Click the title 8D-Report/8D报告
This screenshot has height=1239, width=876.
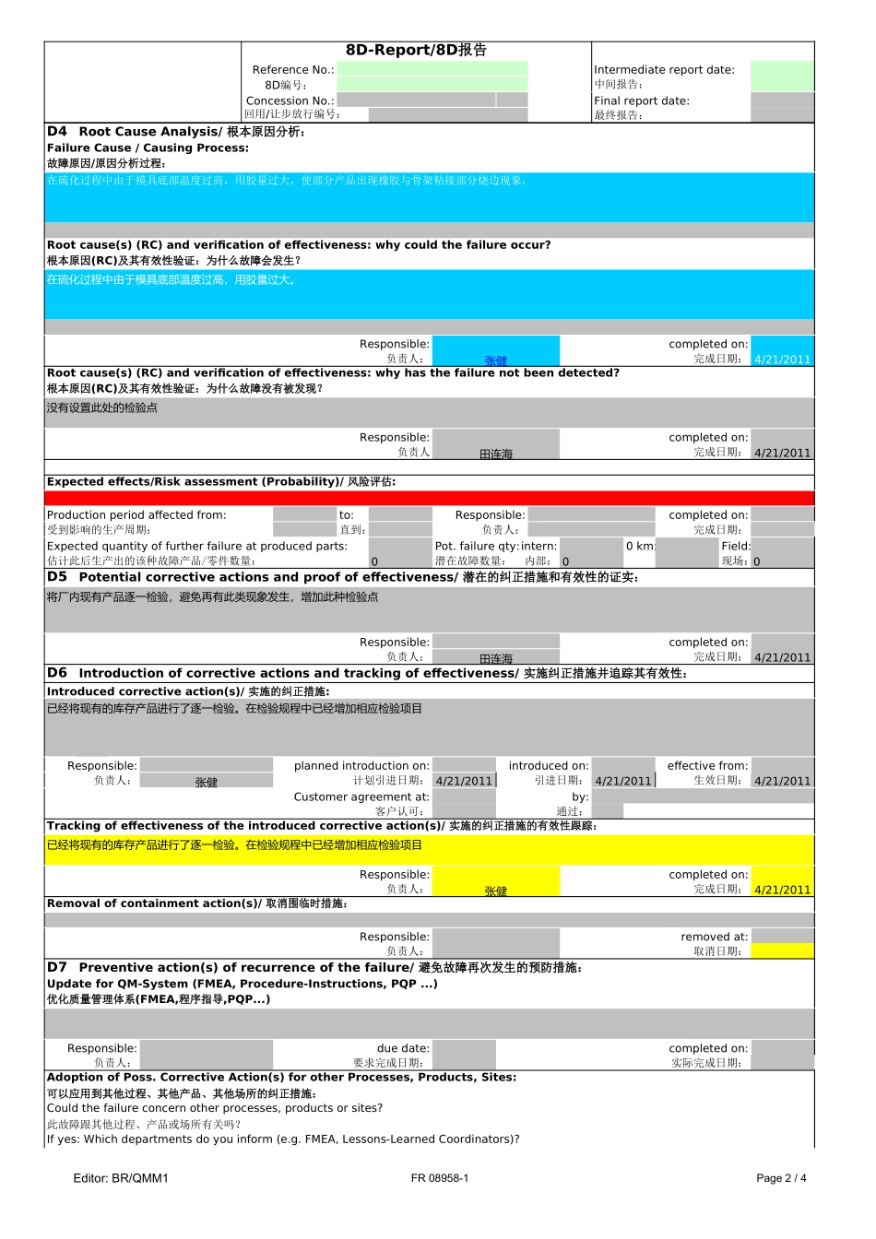click(416, 50)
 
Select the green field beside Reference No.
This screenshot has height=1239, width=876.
click(432, 69)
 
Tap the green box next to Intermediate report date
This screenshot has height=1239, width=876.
click(781, 76)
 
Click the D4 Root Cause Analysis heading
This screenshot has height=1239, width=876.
click(175, 132)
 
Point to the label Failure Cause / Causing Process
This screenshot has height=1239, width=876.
click(148, 147)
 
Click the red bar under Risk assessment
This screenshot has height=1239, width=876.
click(429, 498)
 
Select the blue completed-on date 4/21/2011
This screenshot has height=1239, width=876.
click(782, 360)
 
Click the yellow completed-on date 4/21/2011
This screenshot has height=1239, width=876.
click(782, 890)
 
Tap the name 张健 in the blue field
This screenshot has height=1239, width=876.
click(495, 360)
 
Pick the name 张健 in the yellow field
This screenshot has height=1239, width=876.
click(495, 891)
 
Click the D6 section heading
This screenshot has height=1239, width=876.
click(366, 674)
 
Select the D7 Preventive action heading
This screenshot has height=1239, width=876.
click(314, 967)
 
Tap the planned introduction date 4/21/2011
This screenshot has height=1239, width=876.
click(464, 781)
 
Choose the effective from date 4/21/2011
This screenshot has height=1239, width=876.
click(782, 781)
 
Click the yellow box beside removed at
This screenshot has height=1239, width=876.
click(782, 950)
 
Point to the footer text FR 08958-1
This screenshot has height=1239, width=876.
click(440, 1178)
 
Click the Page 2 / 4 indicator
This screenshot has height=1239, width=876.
click(781, 1178)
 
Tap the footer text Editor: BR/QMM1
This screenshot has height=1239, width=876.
click(121, 1178)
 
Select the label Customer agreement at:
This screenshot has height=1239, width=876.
click(361, 796)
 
